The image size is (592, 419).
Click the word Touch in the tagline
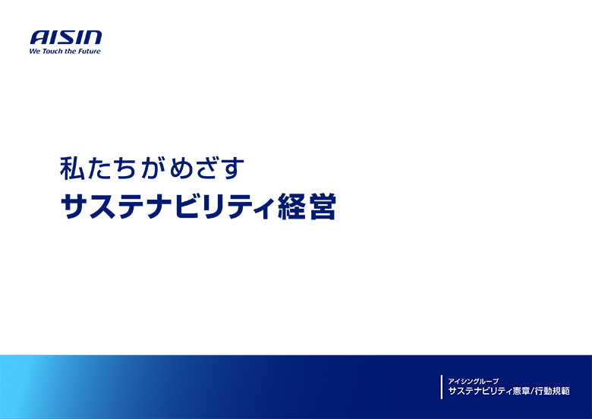[52, 52]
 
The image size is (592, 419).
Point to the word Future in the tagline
[88, 52]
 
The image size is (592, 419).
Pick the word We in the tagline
[35, 52]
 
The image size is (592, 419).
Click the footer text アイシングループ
[473, 380]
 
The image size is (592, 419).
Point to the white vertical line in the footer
[442, 386]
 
